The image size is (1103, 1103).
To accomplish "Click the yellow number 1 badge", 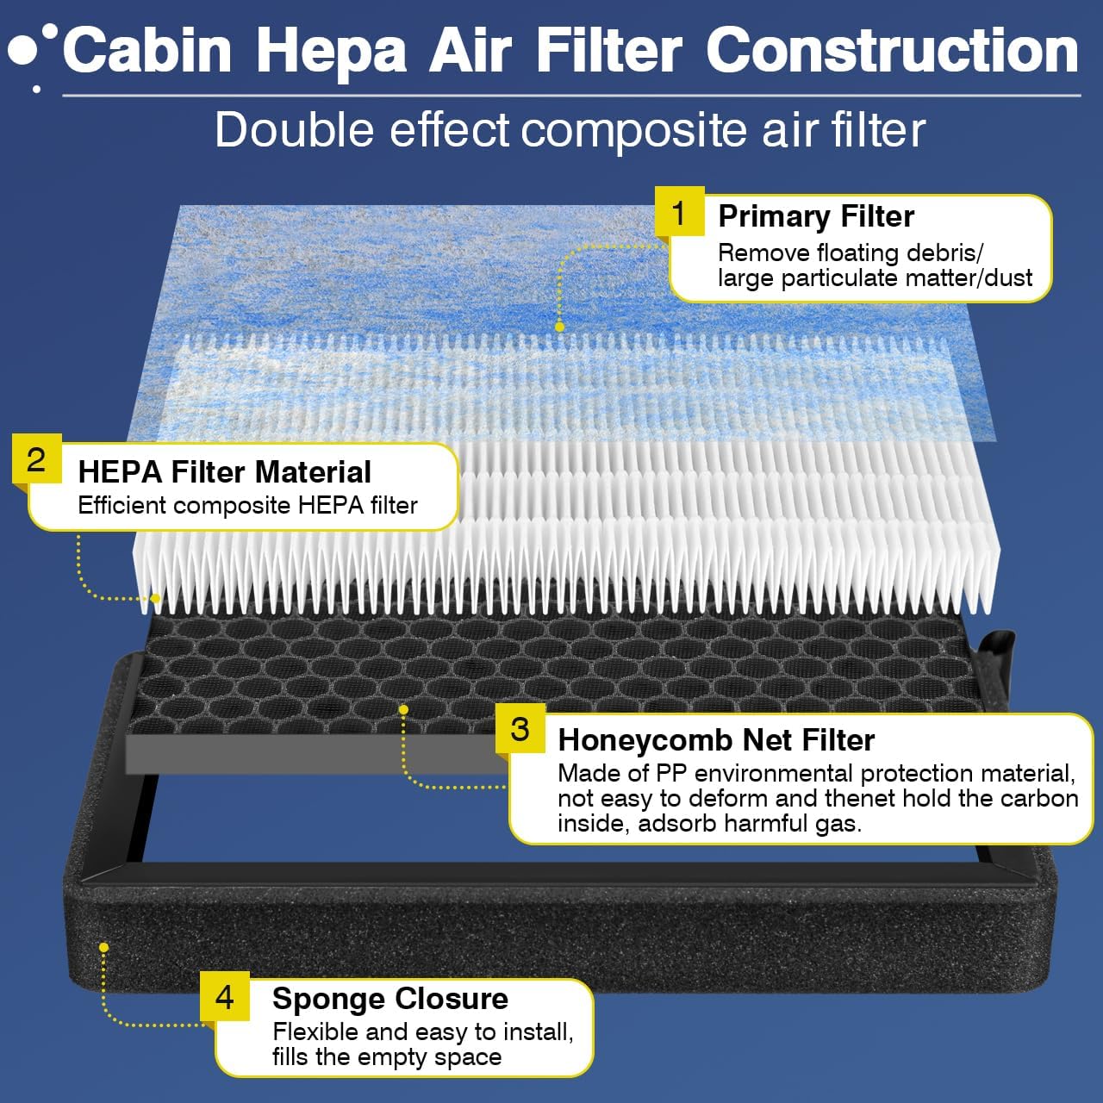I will click(679, 212).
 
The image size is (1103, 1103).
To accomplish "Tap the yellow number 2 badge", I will click(36, 459).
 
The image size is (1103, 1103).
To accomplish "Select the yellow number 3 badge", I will click(520, 729).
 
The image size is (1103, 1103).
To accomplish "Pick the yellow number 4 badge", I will click(224, 997).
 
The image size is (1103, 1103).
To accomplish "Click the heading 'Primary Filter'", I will click(816, 216).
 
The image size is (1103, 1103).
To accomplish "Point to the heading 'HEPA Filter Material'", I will click(224, 472).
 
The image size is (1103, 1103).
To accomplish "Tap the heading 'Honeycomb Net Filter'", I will click(716, 740).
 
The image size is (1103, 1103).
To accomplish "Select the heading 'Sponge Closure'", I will click(390, 999).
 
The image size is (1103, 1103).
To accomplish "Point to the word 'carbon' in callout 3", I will click(1038, 798).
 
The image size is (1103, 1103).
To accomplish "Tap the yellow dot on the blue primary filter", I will click(559, 327).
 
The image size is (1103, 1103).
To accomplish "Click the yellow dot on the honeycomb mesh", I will click(403, 709).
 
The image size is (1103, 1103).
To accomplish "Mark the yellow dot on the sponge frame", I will click(103, 947).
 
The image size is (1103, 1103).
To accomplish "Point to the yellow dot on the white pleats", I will click(156, 597).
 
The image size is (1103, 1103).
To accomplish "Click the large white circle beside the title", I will click(23, 52).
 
